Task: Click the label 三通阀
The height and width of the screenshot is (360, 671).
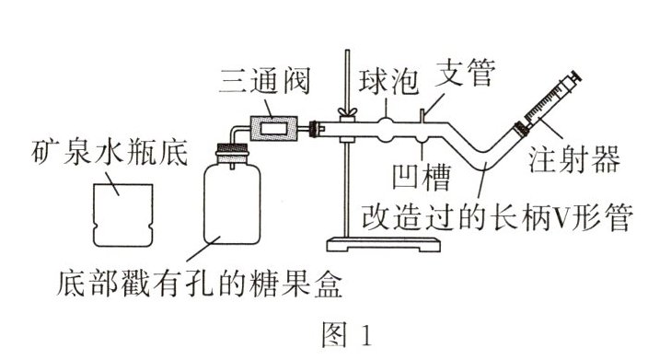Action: coord(265,81)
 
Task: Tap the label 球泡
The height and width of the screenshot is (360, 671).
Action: coord(388,81)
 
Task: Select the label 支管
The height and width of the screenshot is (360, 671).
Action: coord(465,72)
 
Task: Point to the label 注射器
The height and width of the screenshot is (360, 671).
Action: coord(574,159)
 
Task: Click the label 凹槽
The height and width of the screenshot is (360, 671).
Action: coord(422,177)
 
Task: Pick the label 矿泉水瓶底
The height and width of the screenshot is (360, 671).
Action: coord(110,153)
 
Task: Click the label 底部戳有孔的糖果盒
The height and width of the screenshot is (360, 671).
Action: coord(200,283)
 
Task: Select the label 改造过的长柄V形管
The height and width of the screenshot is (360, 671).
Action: coord(497,217)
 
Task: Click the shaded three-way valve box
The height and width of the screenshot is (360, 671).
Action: coord(274,128)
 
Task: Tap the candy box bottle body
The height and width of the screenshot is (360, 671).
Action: coord(232,203)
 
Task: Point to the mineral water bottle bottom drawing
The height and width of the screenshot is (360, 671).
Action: coord(122,215)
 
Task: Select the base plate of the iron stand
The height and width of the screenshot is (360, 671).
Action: coord(384,245)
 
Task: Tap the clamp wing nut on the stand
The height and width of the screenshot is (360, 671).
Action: coord(347,112)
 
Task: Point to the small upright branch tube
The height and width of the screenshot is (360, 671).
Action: coord(422,116)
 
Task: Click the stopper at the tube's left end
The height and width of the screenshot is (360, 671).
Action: coord(315,128)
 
